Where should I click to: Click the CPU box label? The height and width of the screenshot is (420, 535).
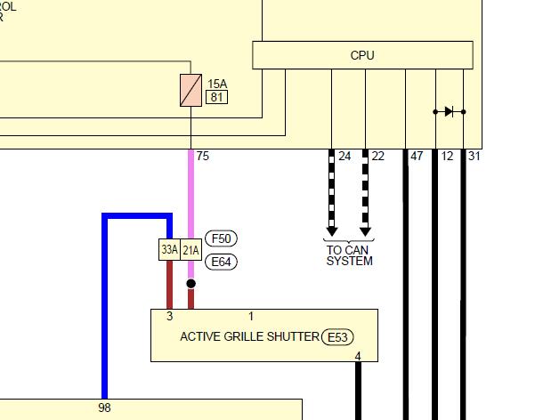coord(362,55)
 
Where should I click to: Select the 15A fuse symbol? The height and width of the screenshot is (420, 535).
coord(190,90)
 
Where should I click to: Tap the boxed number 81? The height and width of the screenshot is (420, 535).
coord(216,97)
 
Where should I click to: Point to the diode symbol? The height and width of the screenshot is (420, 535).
coord(449,111)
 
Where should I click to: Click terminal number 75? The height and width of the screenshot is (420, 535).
coord(202,157)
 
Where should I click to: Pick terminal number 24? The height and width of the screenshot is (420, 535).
coord(345,157)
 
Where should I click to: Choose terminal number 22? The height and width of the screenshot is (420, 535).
coord(378,157)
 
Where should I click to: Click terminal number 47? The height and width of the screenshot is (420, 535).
coord(417,157)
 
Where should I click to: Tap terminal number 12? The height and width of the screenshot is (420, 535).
coord(447,157)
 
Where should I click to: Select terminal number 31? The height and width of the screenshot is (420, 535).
coord(474,157)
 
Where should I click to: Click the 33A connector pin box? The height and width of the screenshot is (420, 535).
coord(169,250)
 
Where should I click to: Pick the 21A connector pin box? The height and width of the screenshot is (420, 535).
coord(190,250)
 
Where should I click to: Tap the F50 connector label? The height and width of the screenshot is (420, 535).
coord(221,238)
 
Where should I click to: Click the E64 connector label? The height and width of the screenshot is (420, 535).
coord(221,262)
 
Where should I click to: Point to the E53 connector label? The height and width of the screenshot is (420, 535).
coord(337,337)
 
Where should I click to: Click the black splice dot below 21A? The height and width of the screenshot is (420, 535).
coord(191,284)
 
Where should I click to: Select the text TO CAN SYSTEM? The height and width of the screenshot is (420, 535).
coord(349,255)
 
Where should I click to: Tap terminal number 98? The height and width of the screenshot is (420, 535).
coord(104,408)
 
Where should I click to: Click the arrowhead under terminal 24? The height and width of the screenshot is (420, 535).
coord(332,231)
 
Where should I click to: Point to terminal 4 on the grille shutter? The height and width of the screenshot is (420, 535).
coord(358,356)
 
